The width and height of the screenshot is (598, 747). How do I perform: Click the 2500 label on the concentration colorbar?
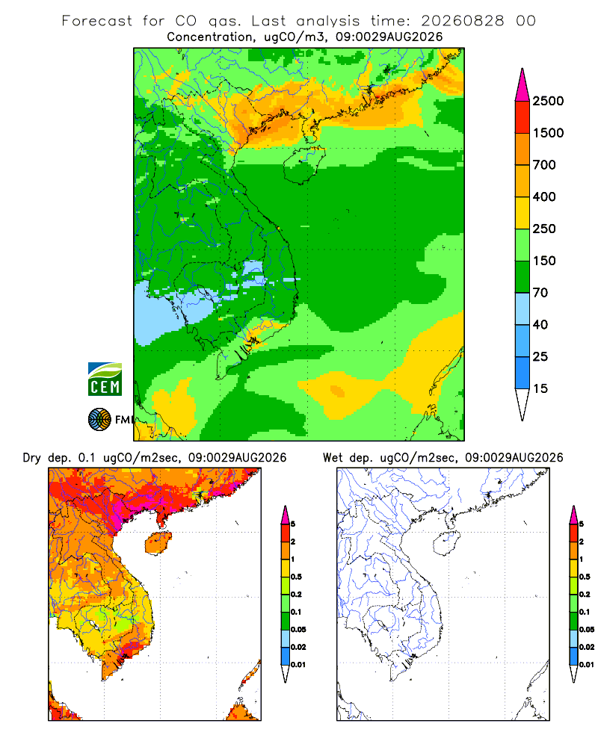point(548,101)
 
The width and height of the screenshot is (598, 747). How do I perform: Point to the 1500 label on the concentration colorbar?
point(548,133)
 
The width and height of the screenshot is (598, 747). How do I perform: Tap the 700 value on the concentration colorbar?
point(544,165)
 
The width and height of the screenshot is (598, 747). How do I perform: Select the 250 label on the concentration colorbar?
point(544,229)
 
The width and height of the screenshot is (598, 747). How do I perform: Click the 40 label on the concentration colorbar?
point(540,324)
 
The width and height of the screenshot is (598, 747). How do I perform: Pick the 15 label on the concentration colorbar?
point(540,388)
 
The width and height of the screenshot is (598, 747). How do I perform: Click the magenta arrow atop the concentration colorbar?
point(523,85)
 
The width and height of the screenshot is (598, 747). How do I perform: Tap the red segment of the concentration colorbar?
point(523,117)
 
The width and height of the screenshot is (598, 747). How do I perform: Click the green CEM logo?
point(105,379)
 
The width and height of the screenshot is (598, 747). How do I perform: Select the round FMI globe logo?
point(99,420)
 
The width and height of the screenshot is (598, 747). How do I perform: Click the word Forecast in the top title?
point(97,21)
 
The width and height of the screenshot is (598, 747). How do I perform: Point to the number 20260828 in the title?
point(462,21)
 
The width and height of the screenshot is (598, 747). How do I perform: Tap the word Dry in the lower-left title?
point(32,458)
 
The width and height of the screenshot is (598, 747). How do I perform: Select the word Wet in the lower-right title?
point(333,458)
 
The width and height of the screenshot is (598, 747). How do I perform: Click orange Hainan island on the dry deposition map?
point(158,543)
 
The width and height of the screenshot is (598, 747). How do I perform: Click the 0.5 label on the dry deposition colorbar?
point(296,577)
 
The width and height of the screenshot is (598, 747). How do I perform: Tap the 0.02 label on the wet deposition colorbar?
point(587,647)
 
